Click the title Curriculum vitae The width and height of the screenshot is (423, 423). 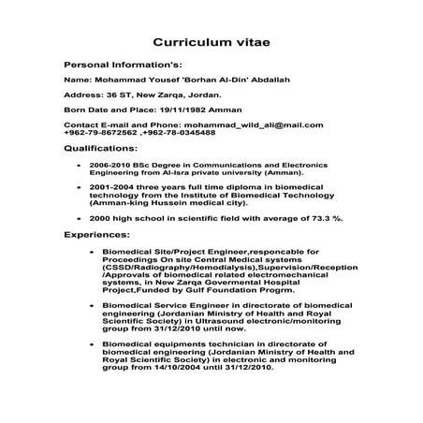pyautogui.click(x=211, y=43)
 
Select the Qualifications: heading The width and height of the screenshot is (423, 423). pyautogui.click(x=100, y=148)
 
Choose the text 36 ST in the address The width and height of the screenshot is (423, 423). pyautogui.click(x=116, y=95)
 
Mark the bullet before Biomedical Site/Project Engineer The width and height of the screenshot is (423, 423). pyautogui.click(x=90, y=252)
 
